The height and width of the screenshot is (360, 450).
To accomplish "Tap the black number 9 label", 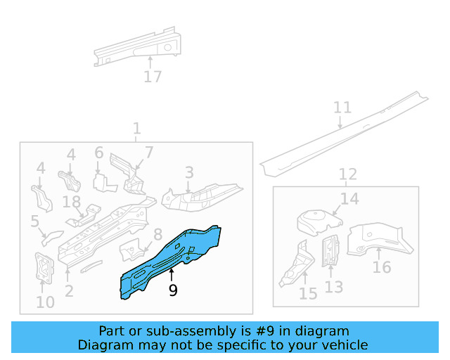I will (173, 291).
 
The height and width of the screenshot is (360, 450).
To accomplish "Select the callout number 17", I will (153, 77).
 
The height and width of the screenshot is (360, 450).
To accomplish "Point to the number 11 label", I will (342, 108).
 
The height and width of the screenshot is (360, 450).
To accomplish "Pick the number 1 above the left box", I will (136, 129).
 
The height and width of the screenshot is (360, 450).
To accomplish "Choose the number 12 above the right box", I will (348, 174).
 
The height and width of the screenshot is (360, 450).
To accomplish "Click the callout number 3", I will (189, 172).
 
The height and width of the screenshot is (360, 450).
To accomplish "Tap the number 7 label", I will (149, 153).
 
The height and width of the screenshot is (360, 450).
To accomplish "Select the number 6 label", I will (98, 153).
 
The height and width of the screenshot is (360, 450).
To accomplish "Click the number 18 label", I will (72, 202).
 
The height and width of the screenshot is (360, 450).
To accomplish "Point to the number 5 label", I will (34, 222).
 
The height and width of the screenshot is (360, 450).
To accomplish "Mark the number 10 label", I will (45, 303).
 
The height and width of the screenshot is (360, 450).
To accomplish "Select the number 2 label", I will (69, 291).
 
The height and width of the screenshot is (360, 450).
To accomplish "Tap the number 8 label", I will (157, 234).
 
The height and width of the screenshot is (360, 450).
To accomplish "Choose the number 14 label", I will (349, 199).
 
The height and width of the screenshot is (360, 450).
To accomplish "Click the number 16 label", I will (382, 267).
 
